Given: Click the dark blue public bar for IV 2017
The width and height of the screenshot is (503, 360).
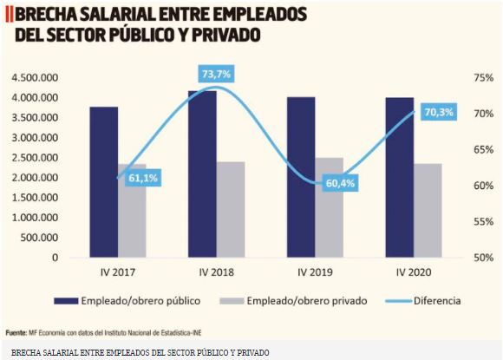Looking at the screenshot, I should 103,182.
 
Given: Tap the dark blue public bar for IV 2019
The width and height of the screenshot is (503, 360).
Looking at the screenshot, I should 300,177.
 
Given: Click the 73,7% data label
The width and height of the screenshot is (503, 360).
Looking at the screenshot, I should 216,75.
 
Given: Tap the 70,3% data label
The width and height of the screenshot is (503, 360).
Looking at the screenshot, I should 439,113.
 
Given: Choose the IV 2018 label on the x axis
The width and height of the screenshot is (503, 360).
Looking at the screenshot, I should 215,272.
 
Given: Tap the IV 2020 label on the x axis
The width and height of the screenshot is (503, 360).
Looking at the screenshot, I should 414,272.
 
